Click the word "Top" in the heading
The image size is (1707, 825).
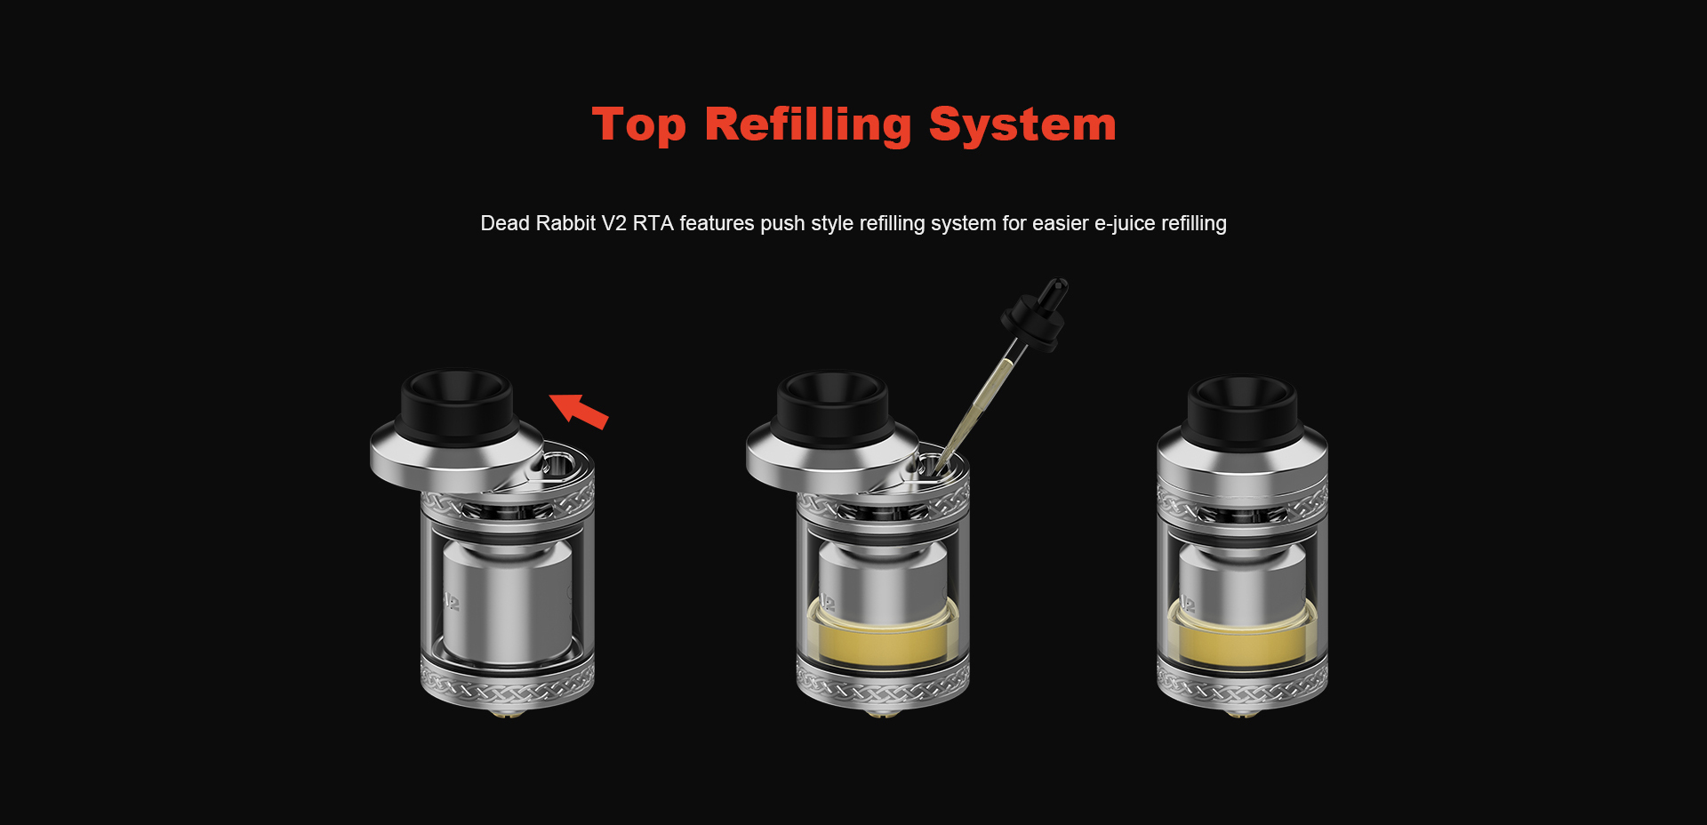638,125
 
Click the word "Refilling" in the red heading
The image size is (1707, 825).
807,125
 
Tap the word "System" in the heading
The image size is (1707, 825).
1022,125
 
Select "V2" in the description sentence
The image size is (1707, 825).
613,223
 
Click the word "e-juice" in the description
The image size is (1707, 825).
1125,223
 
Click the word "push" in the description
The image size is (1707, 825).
782,223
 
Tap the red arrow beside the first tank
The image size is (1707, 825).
579,411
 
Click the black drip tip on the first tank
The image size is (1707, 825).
457,404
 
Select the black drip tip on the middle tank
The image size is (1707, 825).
832,404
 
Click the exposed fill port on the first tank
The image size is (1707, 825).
558,463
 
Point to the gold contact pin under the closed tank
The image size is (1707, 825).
1242,713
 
